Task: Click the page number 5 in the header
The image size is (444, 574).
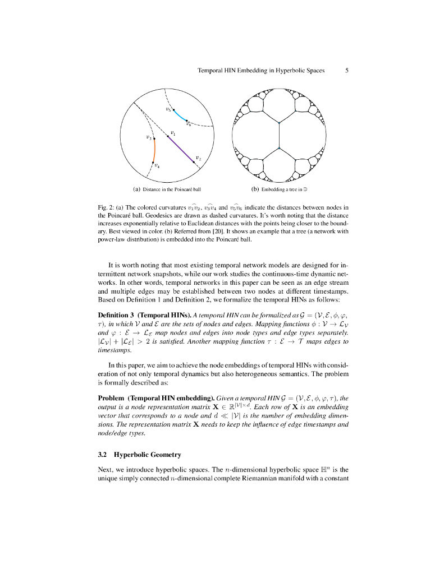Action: pos(347,71)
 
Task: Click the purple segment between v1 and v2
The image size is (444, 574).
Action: pos(181,149)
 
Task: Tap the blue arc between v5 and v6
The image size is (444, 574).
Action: pos(180,116)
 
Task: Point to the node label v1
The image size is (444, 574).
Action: pos(173,133)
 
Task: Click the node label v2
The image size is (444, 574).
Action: pos(199,159)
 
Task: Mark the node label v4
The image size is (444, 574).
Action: pos(158,166)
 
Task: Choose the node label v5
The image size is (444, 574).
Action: pos(168,109)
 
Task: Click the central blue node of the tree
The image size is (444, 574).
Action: pos(279,147)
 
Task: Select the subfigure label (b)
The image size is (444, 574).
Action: pos(255,189)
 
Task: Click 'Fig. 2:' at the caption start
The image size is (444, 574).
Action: pos(106,207)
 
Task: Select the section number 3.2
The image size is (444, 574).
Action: pos(102,453)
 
